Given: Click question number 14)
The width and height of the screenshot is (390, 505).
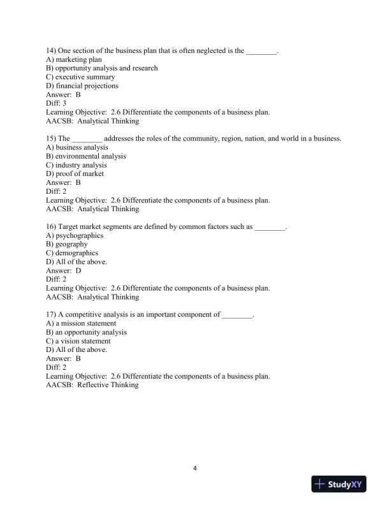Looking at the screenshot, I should click(52, 50).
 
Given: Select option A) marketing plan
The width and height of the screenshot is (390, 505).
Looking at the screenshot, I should click(74, 59).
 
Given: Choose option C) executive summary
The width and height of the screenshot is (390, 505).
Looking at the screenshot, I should click(80, 77).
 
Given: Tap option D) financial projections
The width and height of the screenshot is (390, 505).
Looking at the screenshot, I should click(82, 86).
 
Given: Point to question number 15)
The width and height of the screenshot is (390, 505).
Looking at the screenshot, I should click(52, 138).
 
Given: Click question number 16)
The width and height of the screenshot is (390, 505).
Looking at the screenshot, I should click(52, 226).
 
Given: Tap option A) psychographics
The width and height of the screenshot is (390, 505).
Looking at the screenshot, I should click(75, 235).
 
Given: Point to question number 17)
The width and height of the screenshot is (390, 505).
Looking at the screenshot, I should click(52, 314).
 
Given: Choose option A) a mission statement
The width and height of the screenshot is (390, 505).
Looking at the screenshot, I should click(81, 323).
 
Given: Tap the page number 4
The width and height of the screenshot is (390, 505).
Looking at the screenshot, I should click(195, 469).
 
